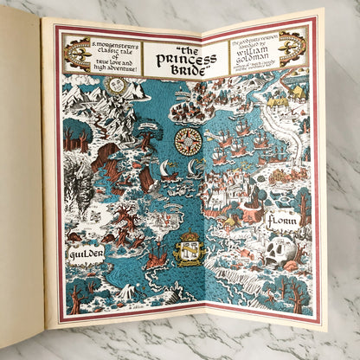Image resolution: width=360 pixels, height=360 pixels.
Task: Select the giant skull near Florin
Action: [280, 251]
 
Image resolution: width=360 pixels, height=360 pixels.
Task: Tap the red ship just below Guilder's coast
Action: [157, 254]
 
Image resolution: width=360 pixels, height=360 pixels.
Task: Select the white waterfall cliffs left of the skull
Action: [238, 252]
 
